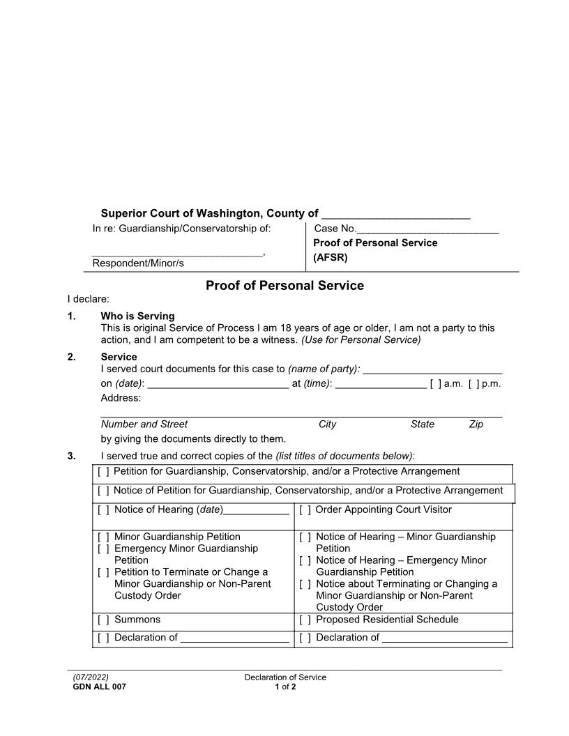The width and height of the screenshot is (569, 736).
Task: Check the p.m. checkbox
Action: (473, 383)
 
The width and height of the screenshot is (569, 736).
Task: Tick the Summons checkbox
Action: (103, 620)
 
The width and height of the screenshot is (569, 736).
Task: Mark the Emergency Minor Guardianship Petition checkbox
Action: (103, 549)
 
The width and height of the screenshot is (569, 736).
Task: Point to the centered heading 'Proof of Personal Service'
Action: (284, 286)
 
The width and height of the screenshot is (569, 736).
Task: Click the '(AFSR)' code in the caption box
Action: (331, 256)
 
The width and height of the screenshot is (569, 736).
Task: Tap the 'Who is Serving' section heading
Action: (137, 316)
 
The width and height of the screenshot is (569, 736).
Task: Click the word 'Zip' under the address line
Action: (476, 424)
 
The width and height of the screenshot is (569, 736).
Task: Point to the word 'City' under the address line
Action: (327, 424)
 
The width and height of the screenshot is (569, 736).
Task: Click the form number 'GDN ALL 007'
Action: (99, 687)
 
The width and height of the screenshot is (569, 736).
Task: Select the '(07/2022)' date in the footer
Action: (91, 677)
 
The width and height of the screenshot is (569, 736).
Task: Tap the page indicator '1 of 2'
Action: (284, 687)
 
